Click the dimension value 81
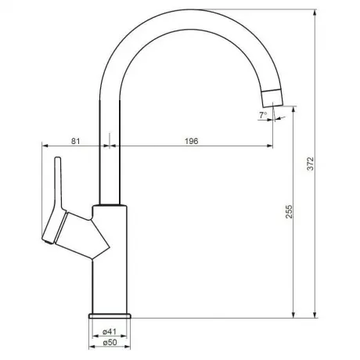75,141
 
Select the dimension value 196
192,141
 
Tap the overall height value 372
311,164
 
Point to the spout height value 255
290,211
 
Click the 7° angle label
263,115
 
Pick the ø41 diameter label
110,332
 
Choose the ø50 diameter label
110,342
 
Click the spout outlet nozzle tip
272,99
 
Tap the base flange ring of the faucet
110,316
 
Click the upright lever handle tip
58,158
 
